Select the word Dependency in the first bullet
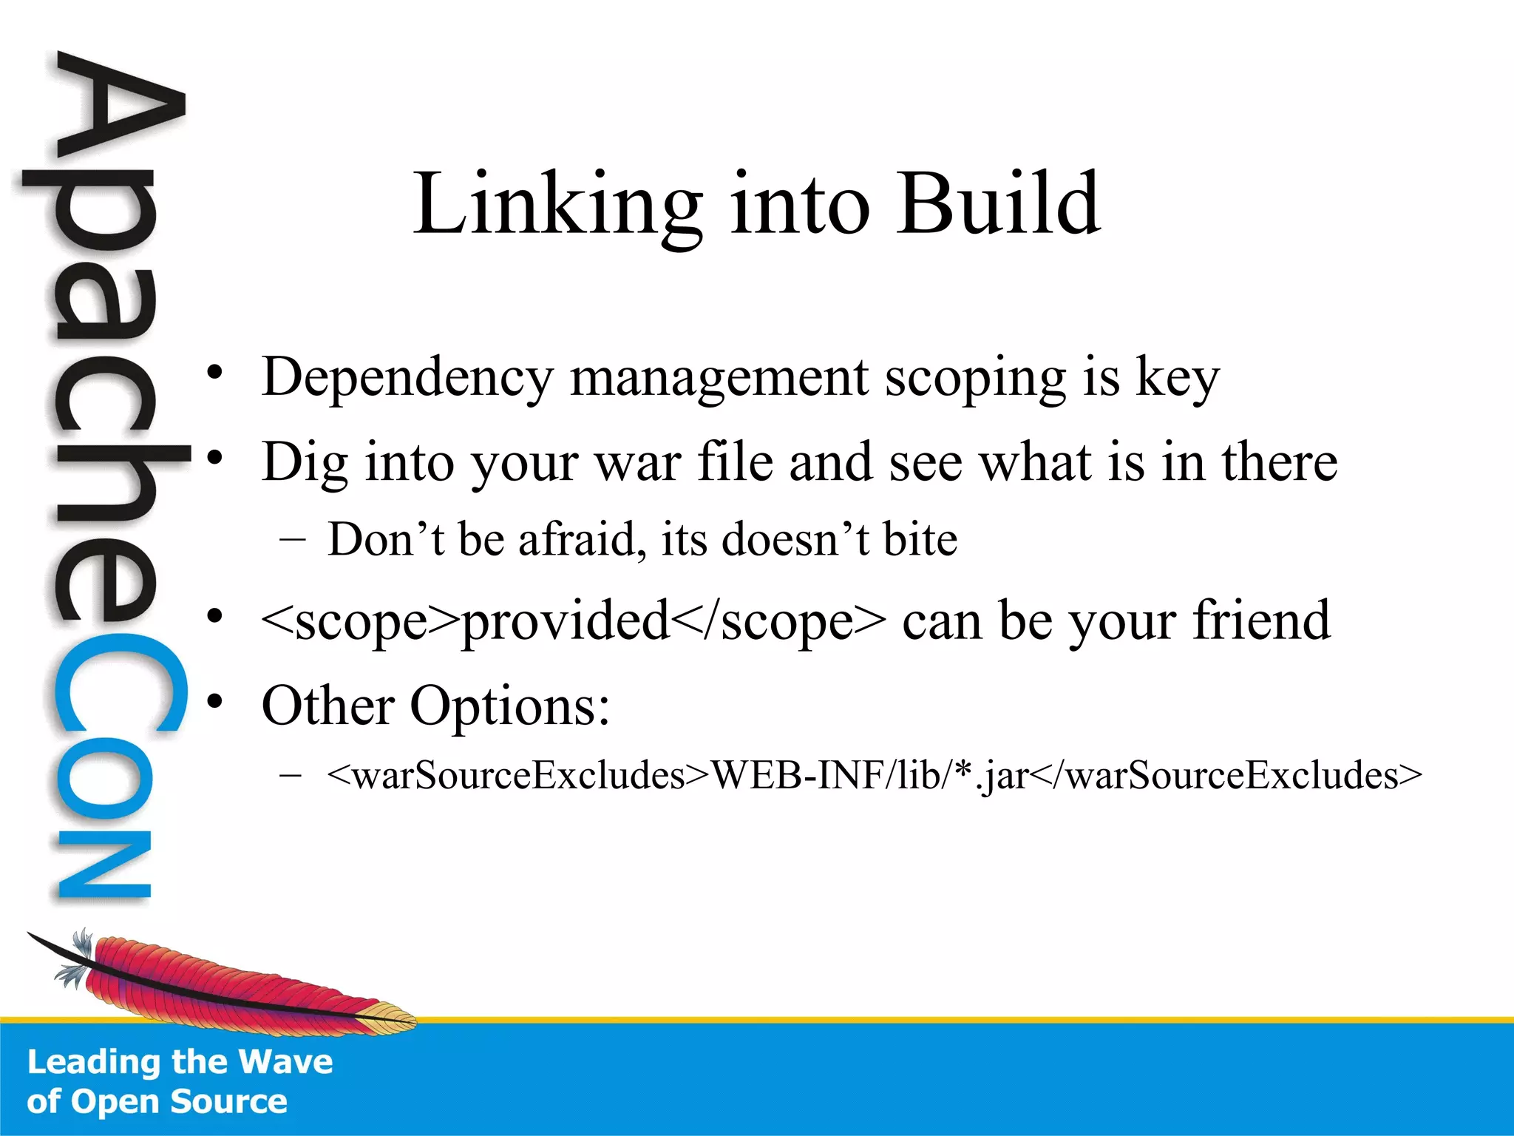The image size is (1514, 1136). (407, 377)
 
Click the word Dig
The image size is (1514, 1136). (305, 463)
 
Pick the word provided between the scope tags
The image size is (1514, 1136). (565, 621)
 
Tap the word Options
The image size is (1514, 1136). (509, 706)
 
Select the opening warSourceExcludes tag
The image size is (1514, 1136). (517, 776)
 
